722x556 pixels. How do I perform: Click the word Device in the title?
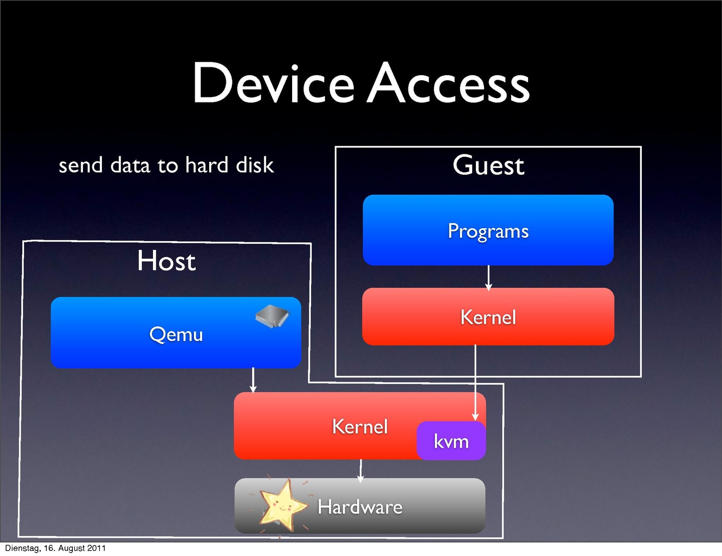click(x=274, y=83)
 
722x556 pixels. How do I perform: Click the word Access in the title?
click(x=448, y=83)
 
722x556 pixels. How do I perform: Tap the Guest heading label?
click(x=488, y=165)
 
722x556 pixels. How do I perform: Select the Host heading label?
click(x=166, y=261)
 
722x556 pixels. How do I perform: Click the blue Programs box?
click(x=488, y=230)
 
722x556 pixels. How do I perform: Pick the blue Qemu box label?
click(x=176, y=334)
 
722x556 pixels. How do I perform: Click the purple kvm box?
click(x=451, y=441)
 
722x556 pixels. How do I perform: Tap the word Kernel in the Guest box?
click(x=488, y=318)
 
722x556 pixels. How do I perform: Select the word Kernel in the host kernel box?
click(x=360, y=427)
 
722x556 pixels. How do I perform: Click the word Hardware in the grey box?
click(x=360, y=507)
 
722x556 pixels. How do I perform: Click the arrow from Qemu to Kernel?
click(x=253, y=380)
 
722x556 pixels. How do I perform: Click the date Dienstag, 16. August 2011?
click(x=55, y=548)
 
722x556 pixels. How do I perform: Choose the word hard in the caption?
click(x=207, y=165)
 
